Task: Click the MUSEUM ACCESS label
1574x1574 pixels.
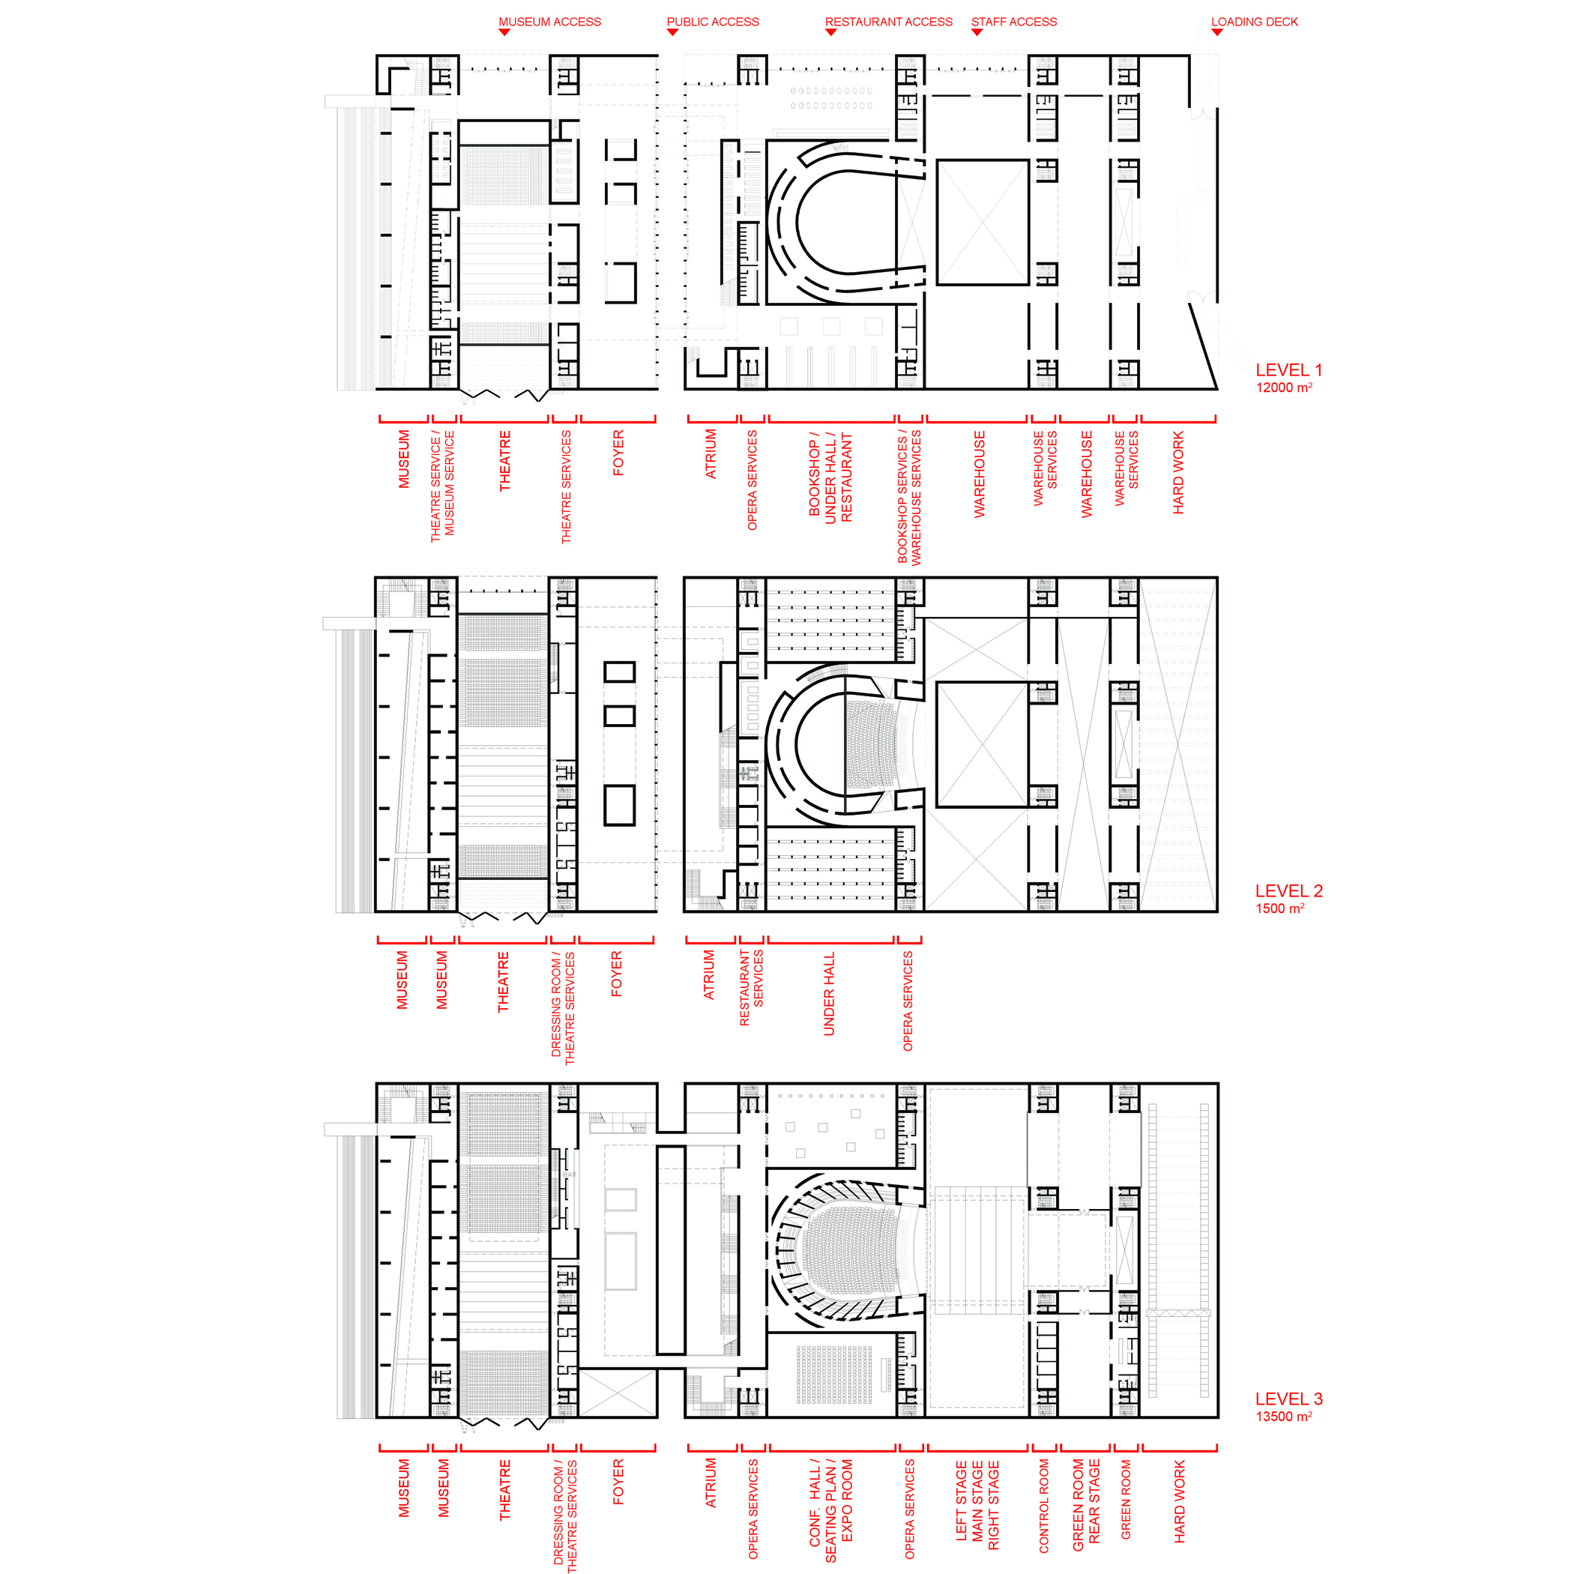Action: coord(550,22)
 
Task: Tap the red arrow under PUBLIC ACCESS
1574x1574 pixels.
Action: coord(672,32)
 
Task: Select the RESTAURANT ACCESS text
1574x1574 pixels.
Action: coord(889,22)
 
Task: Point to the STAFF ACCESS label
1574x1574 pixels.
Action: coord(1014,22)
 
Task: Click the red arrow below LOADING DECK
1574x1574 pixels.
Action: coord(1217,32)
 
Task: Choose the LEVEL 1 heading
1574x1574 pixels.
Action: coord(1289,370)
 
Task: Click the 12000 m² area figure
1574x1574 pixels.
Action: coord(1284,388)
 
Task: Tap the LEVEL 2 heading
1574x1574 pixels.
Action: coord(1289,890)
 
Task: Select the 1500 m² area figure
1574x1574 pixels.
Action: coord(1280,908)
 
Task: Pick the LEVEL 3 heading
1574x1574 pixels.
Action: coord(1289,1399)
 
